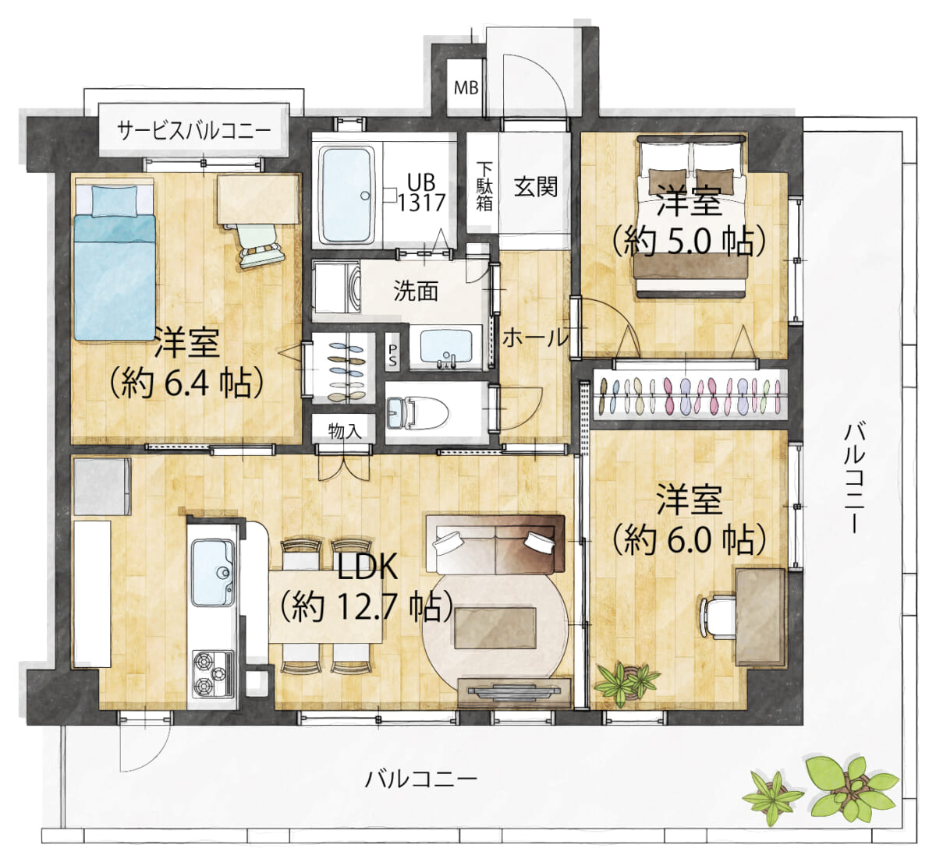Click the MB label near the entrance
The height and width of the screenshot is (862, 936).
pyautogui.click(x=466, y=87)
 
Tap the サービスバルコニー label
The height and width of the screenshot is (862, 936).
pyautogui.click(x=193, y=129)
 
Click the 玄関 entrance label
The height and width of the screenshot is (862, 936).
pyautogui.click(x=536, y=186)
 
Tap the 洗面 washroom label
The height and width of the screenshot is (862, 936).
pyautogui.click(x=416, y=291)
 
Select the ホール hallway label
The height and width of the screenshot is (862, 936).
pyautogui.click(x=535, y=337)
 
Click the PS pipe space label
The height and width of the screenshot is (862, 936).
pyautogui.click(x=393, y=355)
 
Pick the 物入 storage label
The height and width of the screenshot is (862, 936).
pyautogui.click(x=345, y=431)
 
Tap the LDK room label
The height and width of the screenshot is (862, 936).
pyautogui.click(x=367, y=567)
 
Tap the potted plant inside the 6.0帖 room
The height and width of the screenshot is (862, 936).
pyautogui.click(x=626, y=680)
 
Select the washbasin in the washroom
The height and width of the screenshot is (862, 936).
pyautogui.click(x=446, y=348)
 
